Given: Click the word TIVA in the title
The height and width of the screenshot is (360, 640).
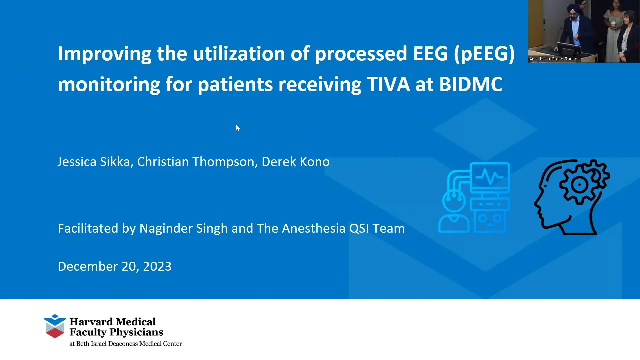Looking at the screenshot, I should pyautogui.click(x=388, y=84).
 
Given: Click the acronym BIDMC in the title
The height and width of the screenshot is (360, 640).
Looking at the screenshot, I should pyautogui.click(x=470, y=84).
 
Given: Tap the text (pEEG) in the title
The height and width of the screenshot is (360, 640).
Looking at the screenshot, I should pyautogui.click(x=484, y=54).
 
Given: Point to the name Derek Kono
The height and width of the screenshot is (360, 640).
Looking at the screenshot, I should pyautogui.click(x=295, y=162).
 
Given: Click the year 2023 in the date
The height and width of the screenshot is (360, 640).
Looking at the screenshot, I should pyautogui.click(x=157, y=266).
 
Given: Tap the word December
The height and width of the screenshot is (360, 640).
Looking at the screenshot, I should pyautogui.click(x=88, y=266).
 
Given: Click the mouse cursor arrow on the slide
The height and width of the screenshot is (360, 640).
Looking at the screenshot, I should pyautogui.click(x=237, y=128).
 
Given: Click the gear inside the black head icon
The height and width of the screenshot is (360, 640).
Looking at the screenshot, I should pyautogui.click(x=580, y=184).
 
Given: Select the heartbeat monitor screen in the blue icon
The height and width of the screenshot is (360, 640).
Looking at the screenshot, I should pyautogui.click(x=490, y=177).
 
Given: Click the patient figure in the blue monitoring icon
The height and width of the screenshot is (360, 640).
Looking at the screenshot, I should pyautogui.click(x=454, y=213).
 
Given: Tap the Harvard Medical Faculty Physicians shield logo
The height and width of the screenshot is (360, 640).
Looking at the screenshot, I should pyautogui.click(x=55, y=326).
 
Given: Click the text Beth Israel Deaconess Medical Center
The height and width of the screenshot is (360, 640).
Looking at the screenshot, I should pyautogui.click(x=129, y=344).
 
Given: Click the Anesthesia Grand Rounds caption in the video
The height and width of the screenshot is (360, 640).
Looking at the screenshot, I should pyautogui.click(x=554, y=59).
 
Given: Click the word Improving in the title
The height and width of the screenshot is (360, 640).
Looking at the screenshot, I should pyautogui.click(x=104, y=54).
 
